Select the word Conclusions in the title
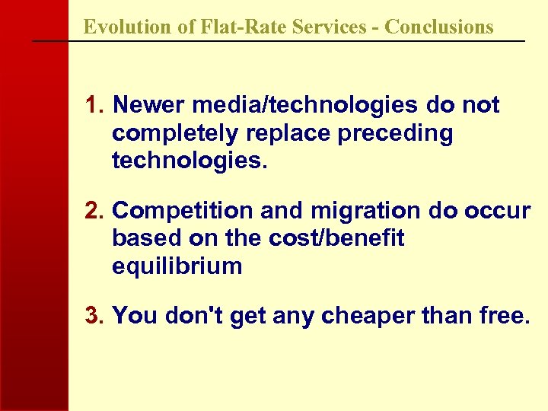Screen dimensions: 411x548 (439, 27)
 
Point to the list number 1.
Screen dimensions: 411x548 (94, 105)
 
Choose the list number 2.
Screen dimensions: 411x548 (94, 210)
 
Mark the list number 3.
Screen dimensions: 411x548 (94, 315)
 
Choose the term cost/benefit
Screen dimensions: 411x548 (336, 238)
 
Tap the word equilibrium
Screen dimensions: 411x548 (177, 266)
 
